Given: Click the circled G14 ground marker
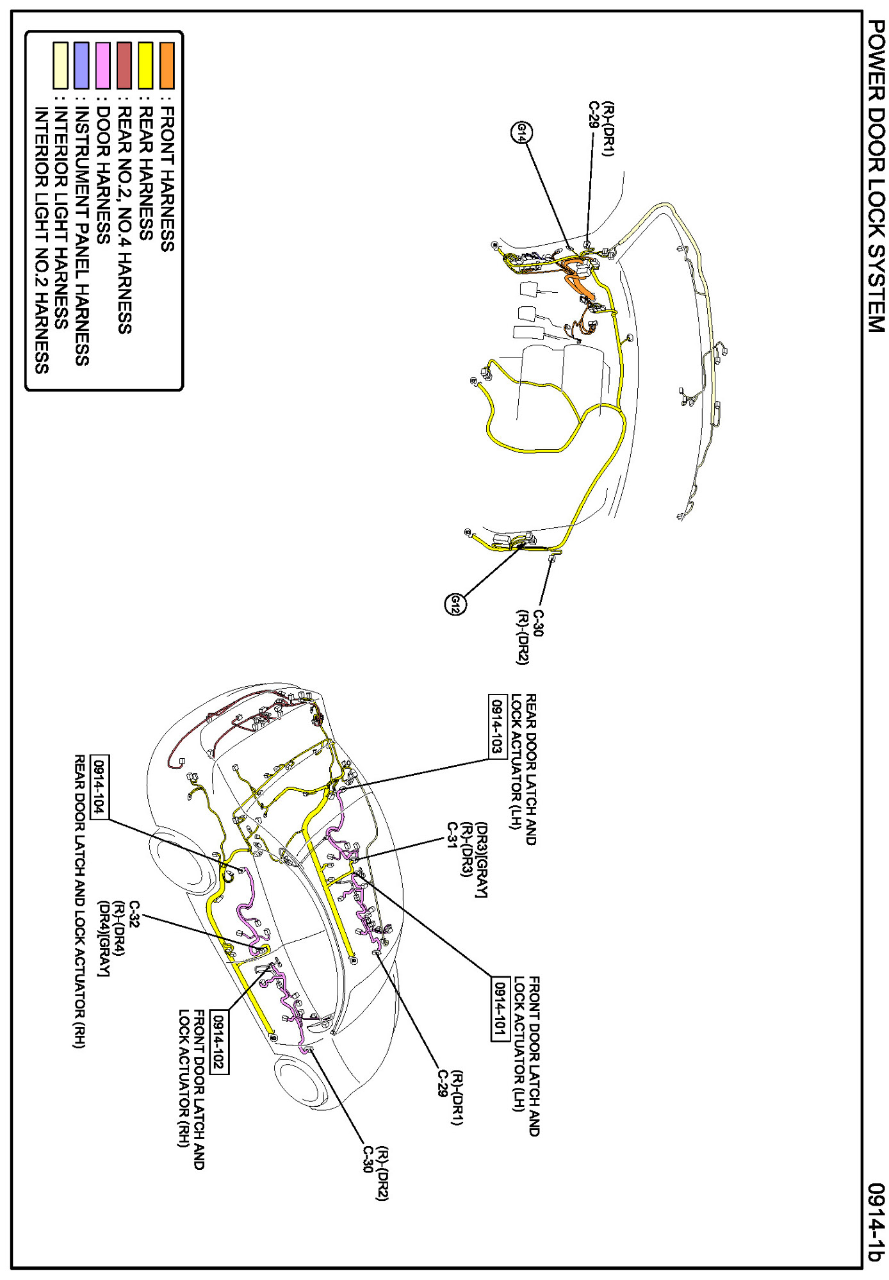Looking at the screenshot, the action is [x=522, y=133].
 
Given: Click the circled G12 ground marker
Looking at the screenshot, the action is [x=455, y=604].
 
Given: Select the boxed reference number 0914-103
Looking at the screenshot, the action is [x=497, y=726].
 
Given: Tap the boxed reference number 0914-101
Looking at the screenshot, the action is [x=500, y=1009].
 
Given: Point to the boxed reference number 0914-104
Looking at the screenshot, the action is [x=99, y=787].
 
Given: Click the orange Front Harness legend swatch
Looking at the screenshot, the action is [x=167, y=65].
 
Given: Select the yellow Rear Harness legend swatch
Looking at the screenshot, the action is [x=145, y=65].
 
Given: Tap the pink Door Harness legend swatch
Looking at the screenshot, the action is [x=102, y=65].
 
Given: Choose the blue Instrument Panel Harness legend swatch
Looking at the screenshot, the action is [x=81, y=65].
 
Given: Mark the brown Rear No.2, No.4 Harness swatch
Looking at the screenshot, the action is [x=124, y=65].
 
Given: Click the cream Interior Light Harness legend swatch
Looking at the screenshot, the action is [x=60, y=65].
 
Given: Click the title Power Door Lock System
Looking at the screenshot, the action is [x=876, y=176].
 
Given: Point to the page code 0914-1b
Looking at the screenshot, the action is [x=876, y=1222].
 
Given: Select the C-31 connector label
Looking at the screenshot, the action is [x=452, y=834].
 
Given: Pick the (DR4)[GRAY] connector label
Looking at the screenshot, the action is [x=103, y=939].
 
